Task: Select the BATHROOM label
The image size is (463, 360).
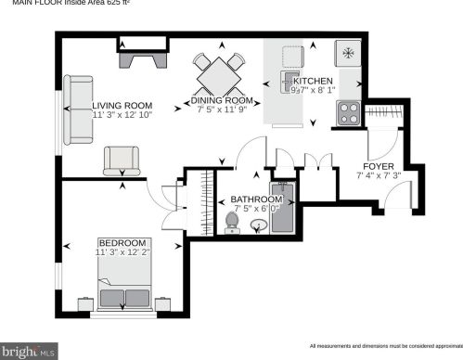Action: tap(256, 199)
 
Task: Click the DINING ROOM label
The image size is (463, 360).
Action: tap(222, 100)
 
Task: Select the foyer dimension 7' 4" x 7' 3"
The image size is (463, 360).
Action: tap(379, 177)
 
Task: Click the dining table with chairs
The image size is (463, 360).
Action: tap(219, 71)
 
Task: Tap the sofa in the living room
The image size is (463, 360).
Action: tap(78, 109)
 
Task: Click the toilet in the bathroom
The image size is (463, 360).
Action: tap(230, 221)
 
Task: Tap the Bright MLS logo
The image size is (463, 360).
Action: tap(29, 352)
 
